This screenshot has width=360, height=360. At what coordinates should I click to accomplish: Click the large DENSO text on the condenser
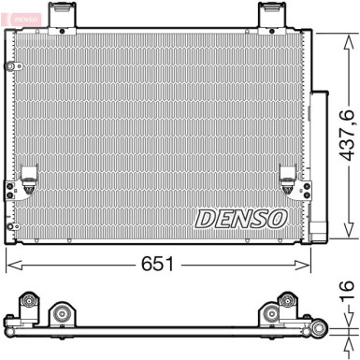coord(240,218)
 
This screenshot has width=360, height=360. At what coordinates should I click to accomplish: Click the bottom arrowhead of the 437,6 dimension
coord(345,236)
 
